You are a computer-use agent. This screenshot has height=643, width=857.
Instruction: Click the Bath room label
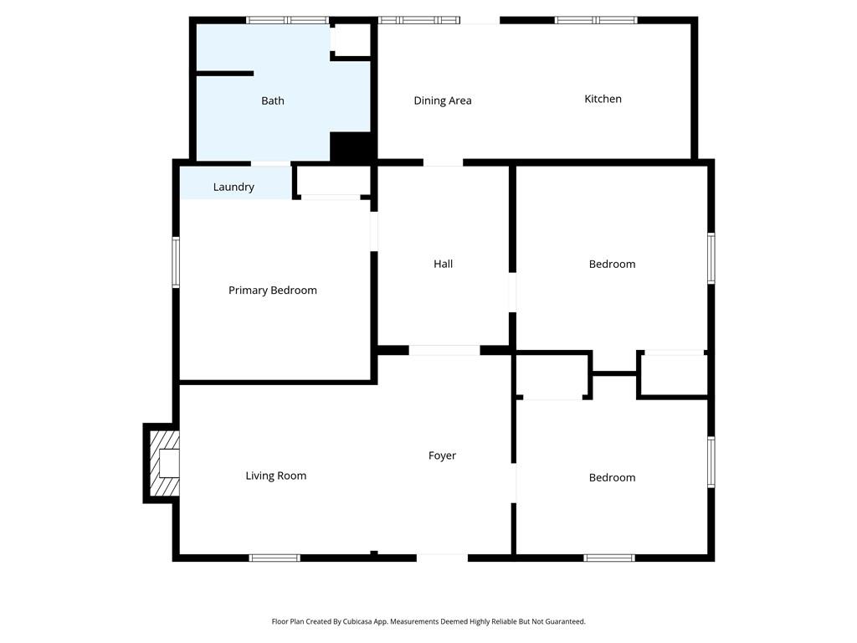tap(273, 100)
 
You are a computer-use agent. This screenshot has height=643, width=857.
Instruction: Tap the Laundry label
tap(233, 187)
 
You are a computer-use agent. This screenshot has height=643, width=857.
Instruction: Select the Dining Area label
tap(443, 100)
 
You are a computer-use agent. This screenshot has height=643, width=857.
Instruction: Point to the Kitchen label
tap(603, 99)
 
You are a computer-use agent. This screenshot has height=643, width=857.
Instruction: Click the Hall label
tap(443, 264)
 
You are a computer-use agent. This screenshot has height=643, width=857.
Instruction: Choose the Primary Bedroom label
tap(273, 291)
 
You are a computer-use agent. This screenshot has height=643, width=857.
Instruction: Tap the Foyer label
tap(442, 455)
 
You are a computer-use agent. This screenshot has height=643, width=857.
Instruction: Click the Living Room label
tap(275, 476)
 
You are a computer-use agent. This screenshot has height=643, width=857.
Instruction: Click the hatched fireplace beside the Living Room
tap(162, 463)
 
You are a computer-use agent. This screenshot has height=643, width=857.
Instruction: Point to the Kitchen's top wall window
tap(596, 20)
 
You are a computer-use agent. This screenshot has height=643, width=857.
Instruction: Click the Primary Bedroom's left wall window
tap(176, 262)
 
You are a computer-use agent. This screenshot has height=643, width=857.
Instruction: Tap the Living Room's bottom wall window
tap(275, 558)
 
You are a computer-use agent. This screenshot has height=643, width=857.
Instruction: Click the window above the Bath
tap(287, 20)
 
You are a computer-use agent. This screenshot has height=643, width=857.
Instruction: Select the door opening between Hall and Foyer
tap(444, 350)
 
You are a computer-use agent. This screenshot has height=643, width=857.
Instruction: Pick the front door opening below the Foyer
tap(442, 558)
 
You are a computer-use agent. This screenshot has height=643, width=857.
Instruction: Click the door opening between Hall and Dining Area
tap(443, 162)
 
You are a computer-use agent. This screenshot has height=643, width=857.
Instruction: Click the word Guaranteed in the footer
tap(563, 622)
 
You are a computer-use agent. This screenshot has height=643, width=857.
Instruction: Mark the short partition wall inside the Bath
tap(224, 74)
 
